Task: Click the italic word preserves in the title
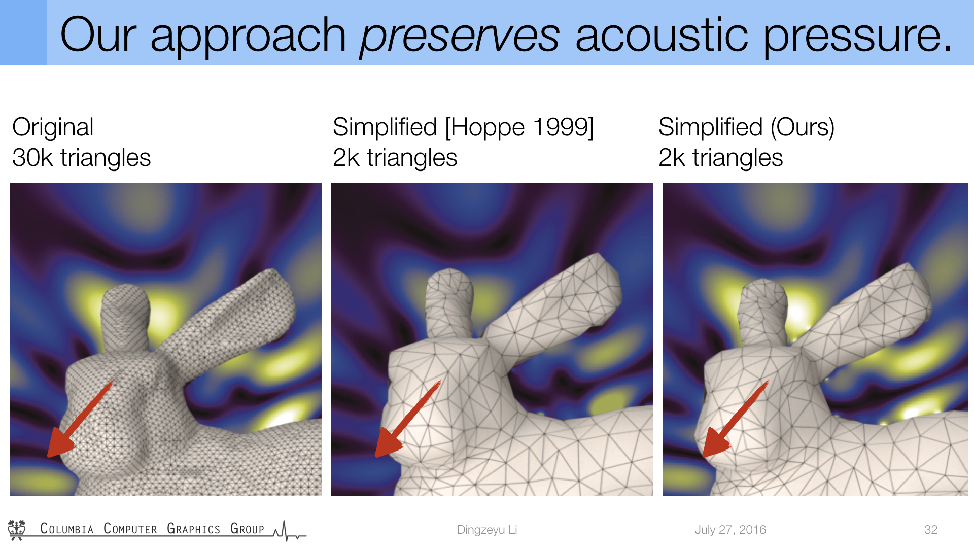[460, 36]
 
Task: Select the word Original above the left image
[53, 127]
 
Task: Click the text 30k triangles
[82, 157]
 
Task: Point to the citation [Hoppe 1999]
[519, 127]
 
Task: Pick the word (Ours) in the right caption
[802, 127]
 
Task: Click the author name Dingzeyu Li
[487, 530]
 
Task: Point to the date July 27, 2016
[730, 530]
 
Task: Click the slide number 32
[931, 530]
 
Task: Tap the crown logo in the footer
[17, 529]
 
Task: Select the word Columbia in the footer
[67, 529]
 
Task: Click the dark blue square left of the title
[23, 32]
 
